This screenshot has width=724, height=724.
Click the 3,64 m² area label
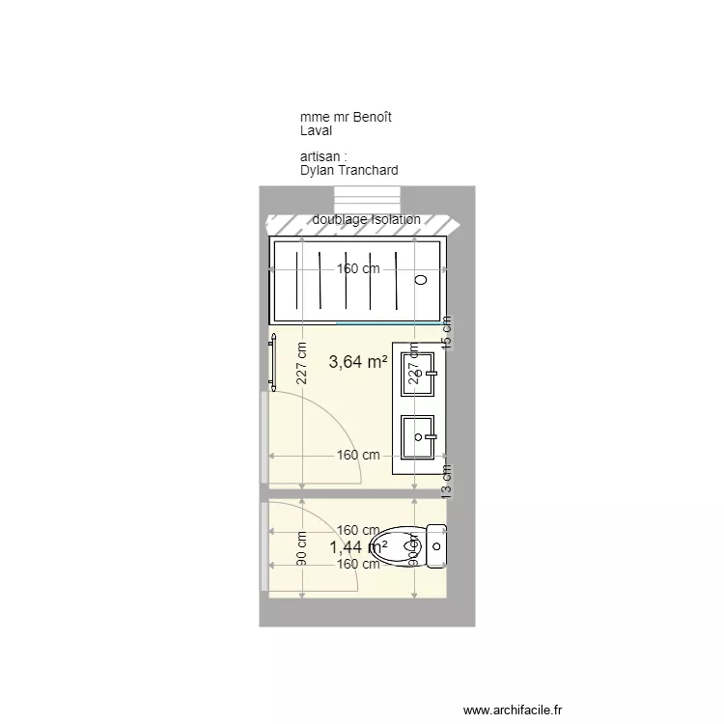pyautogui.click(x=358, y=362)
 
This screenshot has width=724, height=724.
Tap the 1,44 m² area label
pyautogui.click(x=358, y=547)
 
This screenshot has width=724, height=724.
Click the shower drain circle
pyautogui.click(x=420, y=280)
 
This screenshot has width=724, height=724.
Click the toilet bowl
pyautogui.click(x=400, y=546)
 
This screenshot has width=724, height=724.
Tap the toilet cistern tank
pyautogui.click(x=436, y=546)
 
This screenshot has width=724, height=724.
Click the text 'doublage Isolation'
pyautogui.click(x=366, y=220)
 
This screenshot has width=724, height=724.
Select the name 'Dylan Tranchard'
pyautogui.click(x=348, y=170)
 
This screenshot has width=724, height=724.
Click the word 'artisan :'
pyautogui.click(x=322, y=156)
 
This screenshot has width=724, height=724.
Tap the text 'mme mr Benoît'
pyautogui.click(x=346, y=118)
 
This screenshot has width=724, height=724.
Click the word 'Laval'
pyautogui.click(x=316, y=130)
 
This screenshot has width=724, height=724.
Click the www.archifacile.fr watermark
pyautogui.click(x=512, y=710)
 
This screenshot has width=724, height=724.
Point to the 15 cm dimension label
pyautogui.click(x=446, y=331)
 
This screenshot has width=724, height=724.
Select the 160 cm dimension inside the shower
pyautogui.click(x=358, y=269)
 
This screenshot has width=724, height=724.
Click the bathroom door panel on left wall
pyautogui.click(x=264, y=436)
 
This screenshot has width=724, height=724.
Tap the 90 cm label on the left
pyautogui.click(x=302, y=549)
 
